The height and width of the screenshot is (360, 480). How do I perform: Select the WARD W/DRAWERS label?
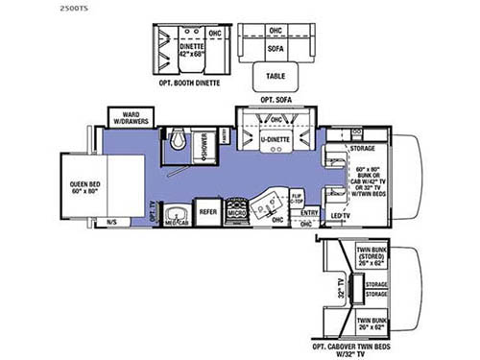pos(129,118)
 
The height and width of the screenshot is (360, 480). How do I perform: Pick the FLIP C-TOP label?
pos(297,201)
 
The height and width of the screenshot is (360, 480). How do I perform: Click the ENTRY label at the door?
pos(309,213)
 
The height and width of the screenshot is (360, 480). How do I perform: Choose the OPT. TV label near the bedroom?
pos(154,213)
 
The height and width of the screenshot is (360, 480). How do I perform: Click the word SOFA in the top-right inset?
pos(276,44)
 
